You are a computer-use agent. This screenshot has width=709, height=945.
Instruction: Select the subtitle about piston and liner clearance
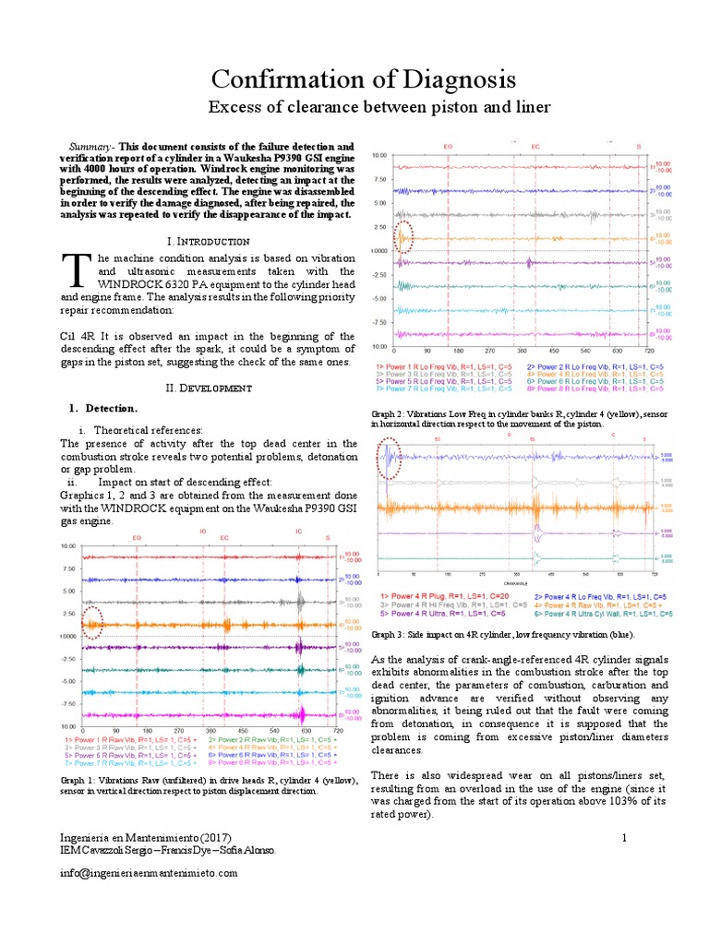[x=379, y=108]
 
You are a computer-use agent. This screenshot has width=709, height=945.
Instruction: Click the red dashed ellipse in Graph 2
[x=404, y=238]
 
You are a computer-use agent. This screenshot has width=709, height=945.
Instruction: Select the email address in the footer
[x=148, y=873]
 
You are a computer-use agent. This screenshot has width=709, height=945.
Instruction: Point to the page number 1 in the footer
[x=625, y=837]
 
